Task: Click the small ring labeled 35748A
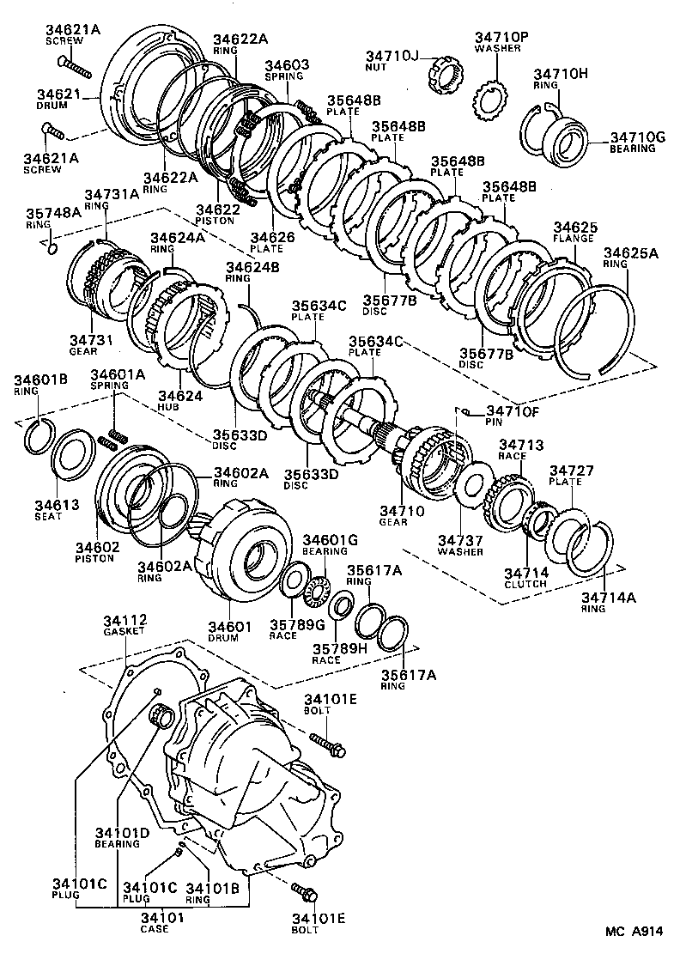click(52, 248)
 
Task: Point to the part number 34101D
click(122, 832)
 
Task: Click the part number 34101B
click(213, 888)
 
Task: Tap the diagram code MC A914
click(634, 931)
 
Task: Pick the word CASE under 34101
click(155, 928)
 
